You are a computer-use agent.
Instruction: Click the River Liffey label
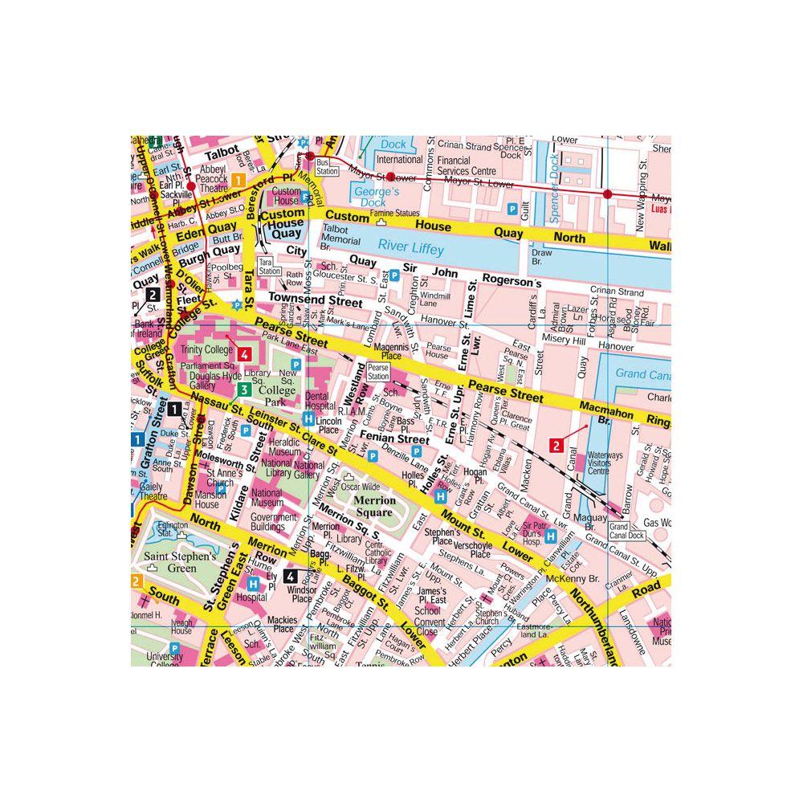coord(411,248)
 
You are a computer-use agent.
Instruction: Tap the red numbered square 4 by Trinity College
coord(243,353)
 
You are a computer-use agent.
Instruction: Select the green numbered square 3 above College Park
coord(243,390)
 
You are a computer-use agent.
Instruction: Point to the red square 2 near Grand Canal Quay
coord(555,444)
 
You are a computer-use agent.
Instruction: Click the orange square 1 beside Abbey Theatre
coord(238,180)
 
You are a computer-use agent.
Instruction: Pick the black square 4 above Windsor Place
coord(290,575)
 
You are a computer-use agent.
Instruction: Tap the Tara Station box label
coord(269,267)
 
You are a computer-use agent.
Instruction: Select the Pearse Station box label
coord(377,372)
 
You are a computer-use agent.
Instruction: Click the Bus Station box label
coord(327,166)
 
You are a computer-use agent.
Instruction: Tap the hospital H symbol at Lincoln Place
coord(309,418)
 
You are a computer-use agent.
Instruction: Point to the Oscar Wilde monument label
coord(360,487)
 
